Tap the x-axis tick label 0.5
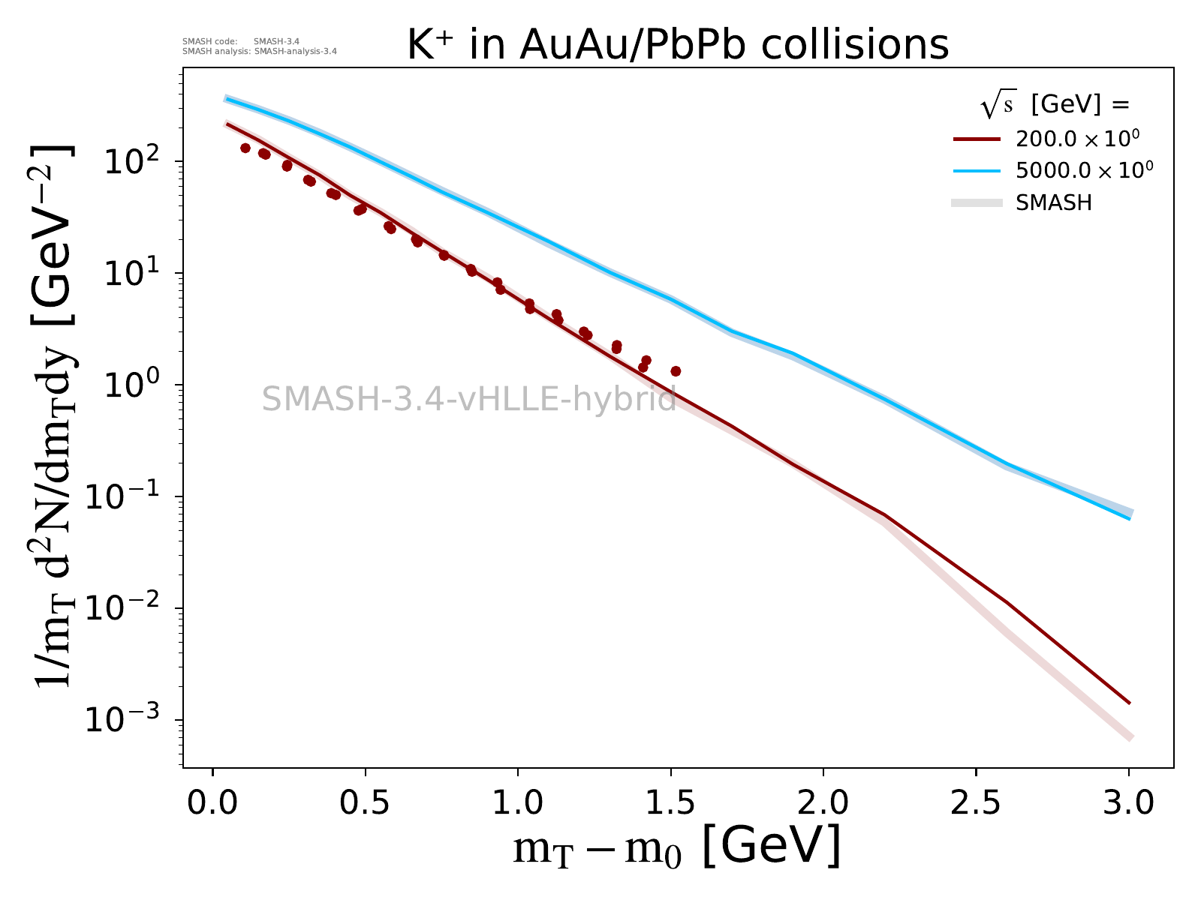tap(364, 802)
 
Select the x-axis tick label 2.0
tap(823, 802)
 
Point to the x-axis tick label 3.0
tap(1128, 802)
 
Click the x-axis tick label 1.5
tap(670, 802)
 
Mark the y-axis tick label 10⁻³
tap(122, 718)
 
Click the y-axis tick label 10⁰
tap(131, 383)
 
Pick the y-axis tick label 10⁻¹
tap(122, 495)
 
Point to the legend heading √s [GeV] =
tap(1055, 103)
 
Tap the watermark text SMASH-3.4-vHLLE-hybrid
tap(469, 398)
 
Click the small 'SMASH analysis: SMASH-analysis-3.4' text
tap(260, 51)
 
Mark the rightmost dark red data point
tap(676, 371)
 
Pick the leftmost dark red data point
tap(245, 148)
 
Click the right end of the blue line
tap(1130, 518)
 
